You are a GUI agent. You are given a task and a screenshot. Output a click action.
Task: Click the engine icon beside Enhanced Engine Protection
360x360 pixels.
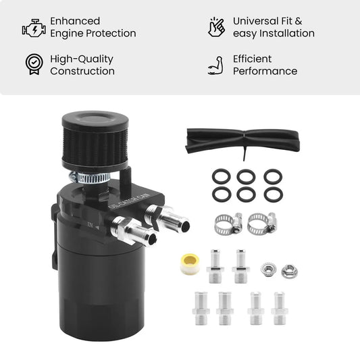pyautogui.click(x=34, y=28)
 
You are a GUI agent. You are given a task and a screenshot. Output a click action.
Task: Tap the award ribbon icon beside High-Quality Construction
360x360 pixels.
pyautogui.click(x=34, y=64)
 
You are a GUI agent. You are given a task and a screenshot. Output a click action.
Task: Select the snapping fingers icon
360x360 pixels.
pyautogui.click(x=216, y=27)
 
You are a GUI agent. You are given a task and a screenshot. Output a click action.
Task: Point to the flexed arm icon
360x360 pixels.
pyautogui.click(x=216, y=66)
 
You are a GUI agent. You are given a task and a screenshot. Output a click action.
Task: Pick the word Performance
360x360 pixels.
pyautogui.click(x=265, y=71)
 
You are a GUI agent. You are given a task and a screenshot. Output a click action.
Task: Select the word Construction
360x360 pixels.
pyautogui.click(x=82, y=71)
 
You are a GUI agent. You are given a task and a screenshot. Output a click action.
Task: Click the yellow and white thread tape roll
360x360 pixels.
pyautogui.click(x=190, y=264)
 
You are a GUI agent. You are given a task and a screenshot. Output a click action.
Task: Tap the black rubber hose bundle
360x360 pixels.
pyautogui.click(x=243, y=141)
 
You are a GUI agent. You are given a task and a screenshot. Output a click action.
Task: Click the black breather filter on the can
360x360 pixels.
pyautogui.click(x=95, y=142)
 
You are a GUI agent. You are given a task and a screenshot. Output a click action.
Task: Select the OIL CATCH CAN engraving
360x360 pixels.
pyautogui.click(x=129, y=201)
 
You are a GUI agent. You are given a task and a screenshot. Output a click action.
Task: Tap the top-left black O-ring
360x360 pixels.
pyautogui.click(x=221, y=176)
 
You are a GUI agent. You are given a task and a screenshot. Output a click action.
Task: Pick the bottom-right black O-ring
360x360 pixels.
pyautogui.click(x=274, y=195)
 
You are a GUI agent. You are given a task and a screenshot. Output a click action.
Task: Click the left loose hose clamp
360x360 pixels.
pyautogui.click(x=228, y=224)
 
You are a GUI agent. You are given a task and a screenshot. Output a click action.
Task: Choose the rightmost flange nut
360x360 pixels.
pyautogui.click(x=289, y=271)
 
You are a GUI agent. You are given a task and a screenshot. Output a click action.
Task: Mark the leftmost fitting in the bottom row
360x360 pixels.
pyautogui.click(x=201, y=308)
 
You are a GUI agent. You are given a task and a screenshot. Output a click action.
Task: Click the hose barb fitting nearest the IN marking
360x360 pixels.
pyautogui.click(x=134, y=232)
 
